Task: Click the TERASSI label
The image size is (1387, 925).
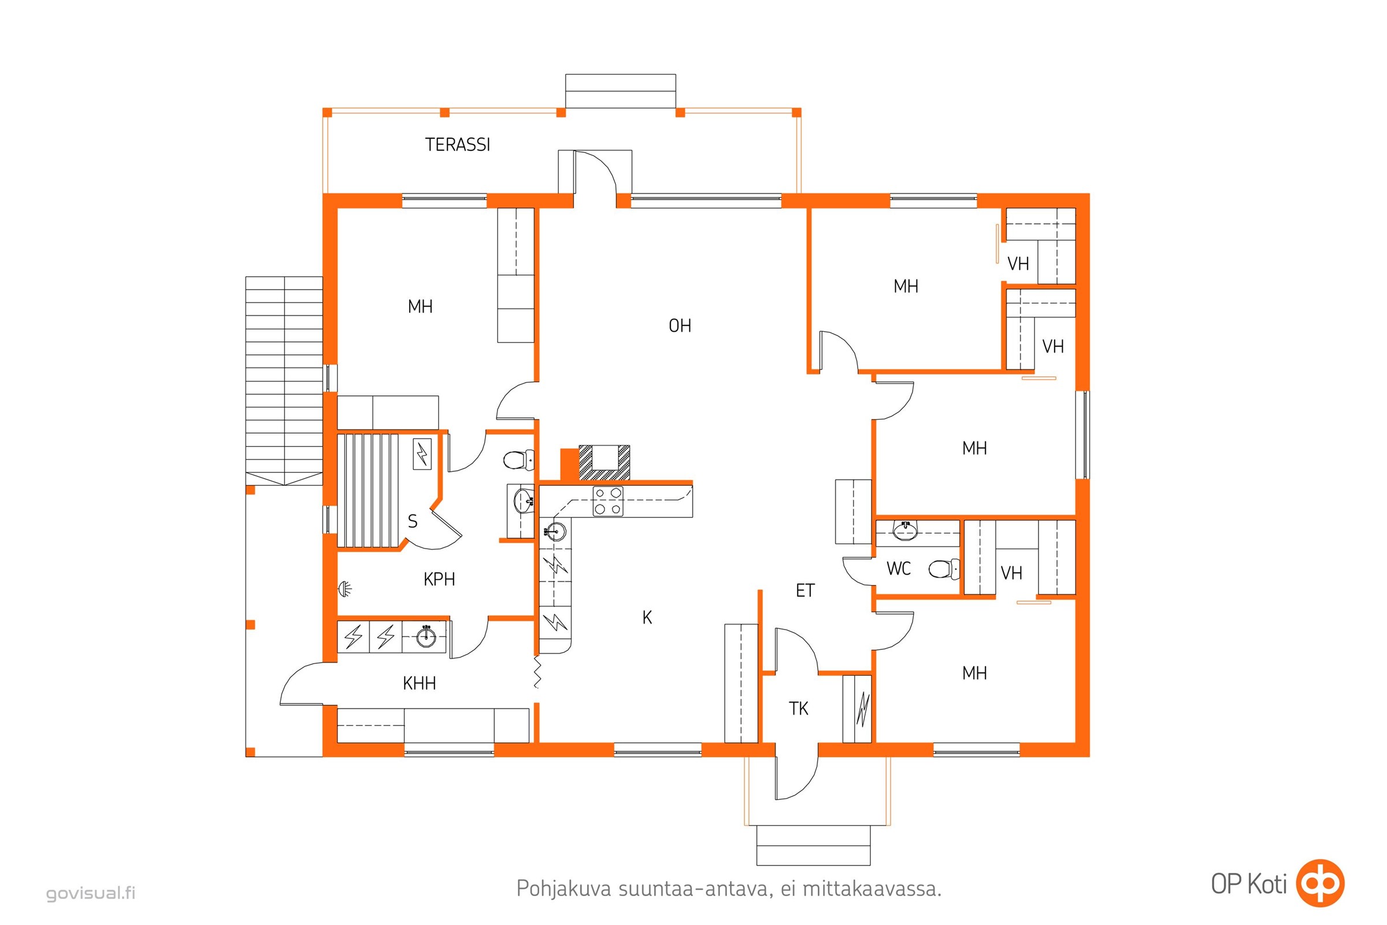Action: point(458,145)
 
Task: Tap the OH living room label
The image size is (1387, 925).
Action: point(680,325)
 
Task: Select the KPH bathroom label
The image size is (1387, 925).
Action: point(439,579)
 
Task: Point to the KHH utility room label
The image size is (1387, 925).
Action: point(420,684)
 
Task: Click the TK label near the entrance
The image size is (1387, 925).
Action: point(799,709)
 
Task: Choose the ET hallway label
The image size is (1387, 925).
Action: point(805,590)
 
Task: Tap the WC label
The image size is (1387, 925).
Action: point(899,569)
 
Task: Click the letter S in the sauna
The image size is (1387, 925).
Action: point(413,521)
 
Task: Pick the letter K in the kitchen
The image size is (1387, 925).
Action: point(647,617)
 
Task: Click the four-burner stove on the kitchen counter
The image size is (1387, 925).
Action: point(608,501)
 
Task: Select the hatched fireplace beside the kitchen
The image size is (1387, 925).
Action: point(605,463)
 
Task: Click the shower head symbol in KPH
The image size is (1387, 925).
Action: point(345,588)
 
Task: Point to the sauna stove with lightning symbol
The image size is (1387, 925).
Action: point(422,454)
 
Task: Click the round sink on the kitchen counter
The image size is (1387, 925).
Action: point(555,531)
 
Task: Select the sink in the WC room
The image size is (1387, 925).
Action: point(904,530)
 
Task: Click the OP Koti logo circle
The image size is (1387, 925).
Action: point(1320,883)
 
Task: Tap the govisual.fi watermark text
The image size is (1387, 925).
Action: point(91,893)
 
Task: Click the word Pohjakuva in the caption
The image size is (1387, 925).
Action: point(564,889)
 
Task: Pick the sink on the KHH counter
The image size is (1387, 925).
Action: point(427,636)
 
